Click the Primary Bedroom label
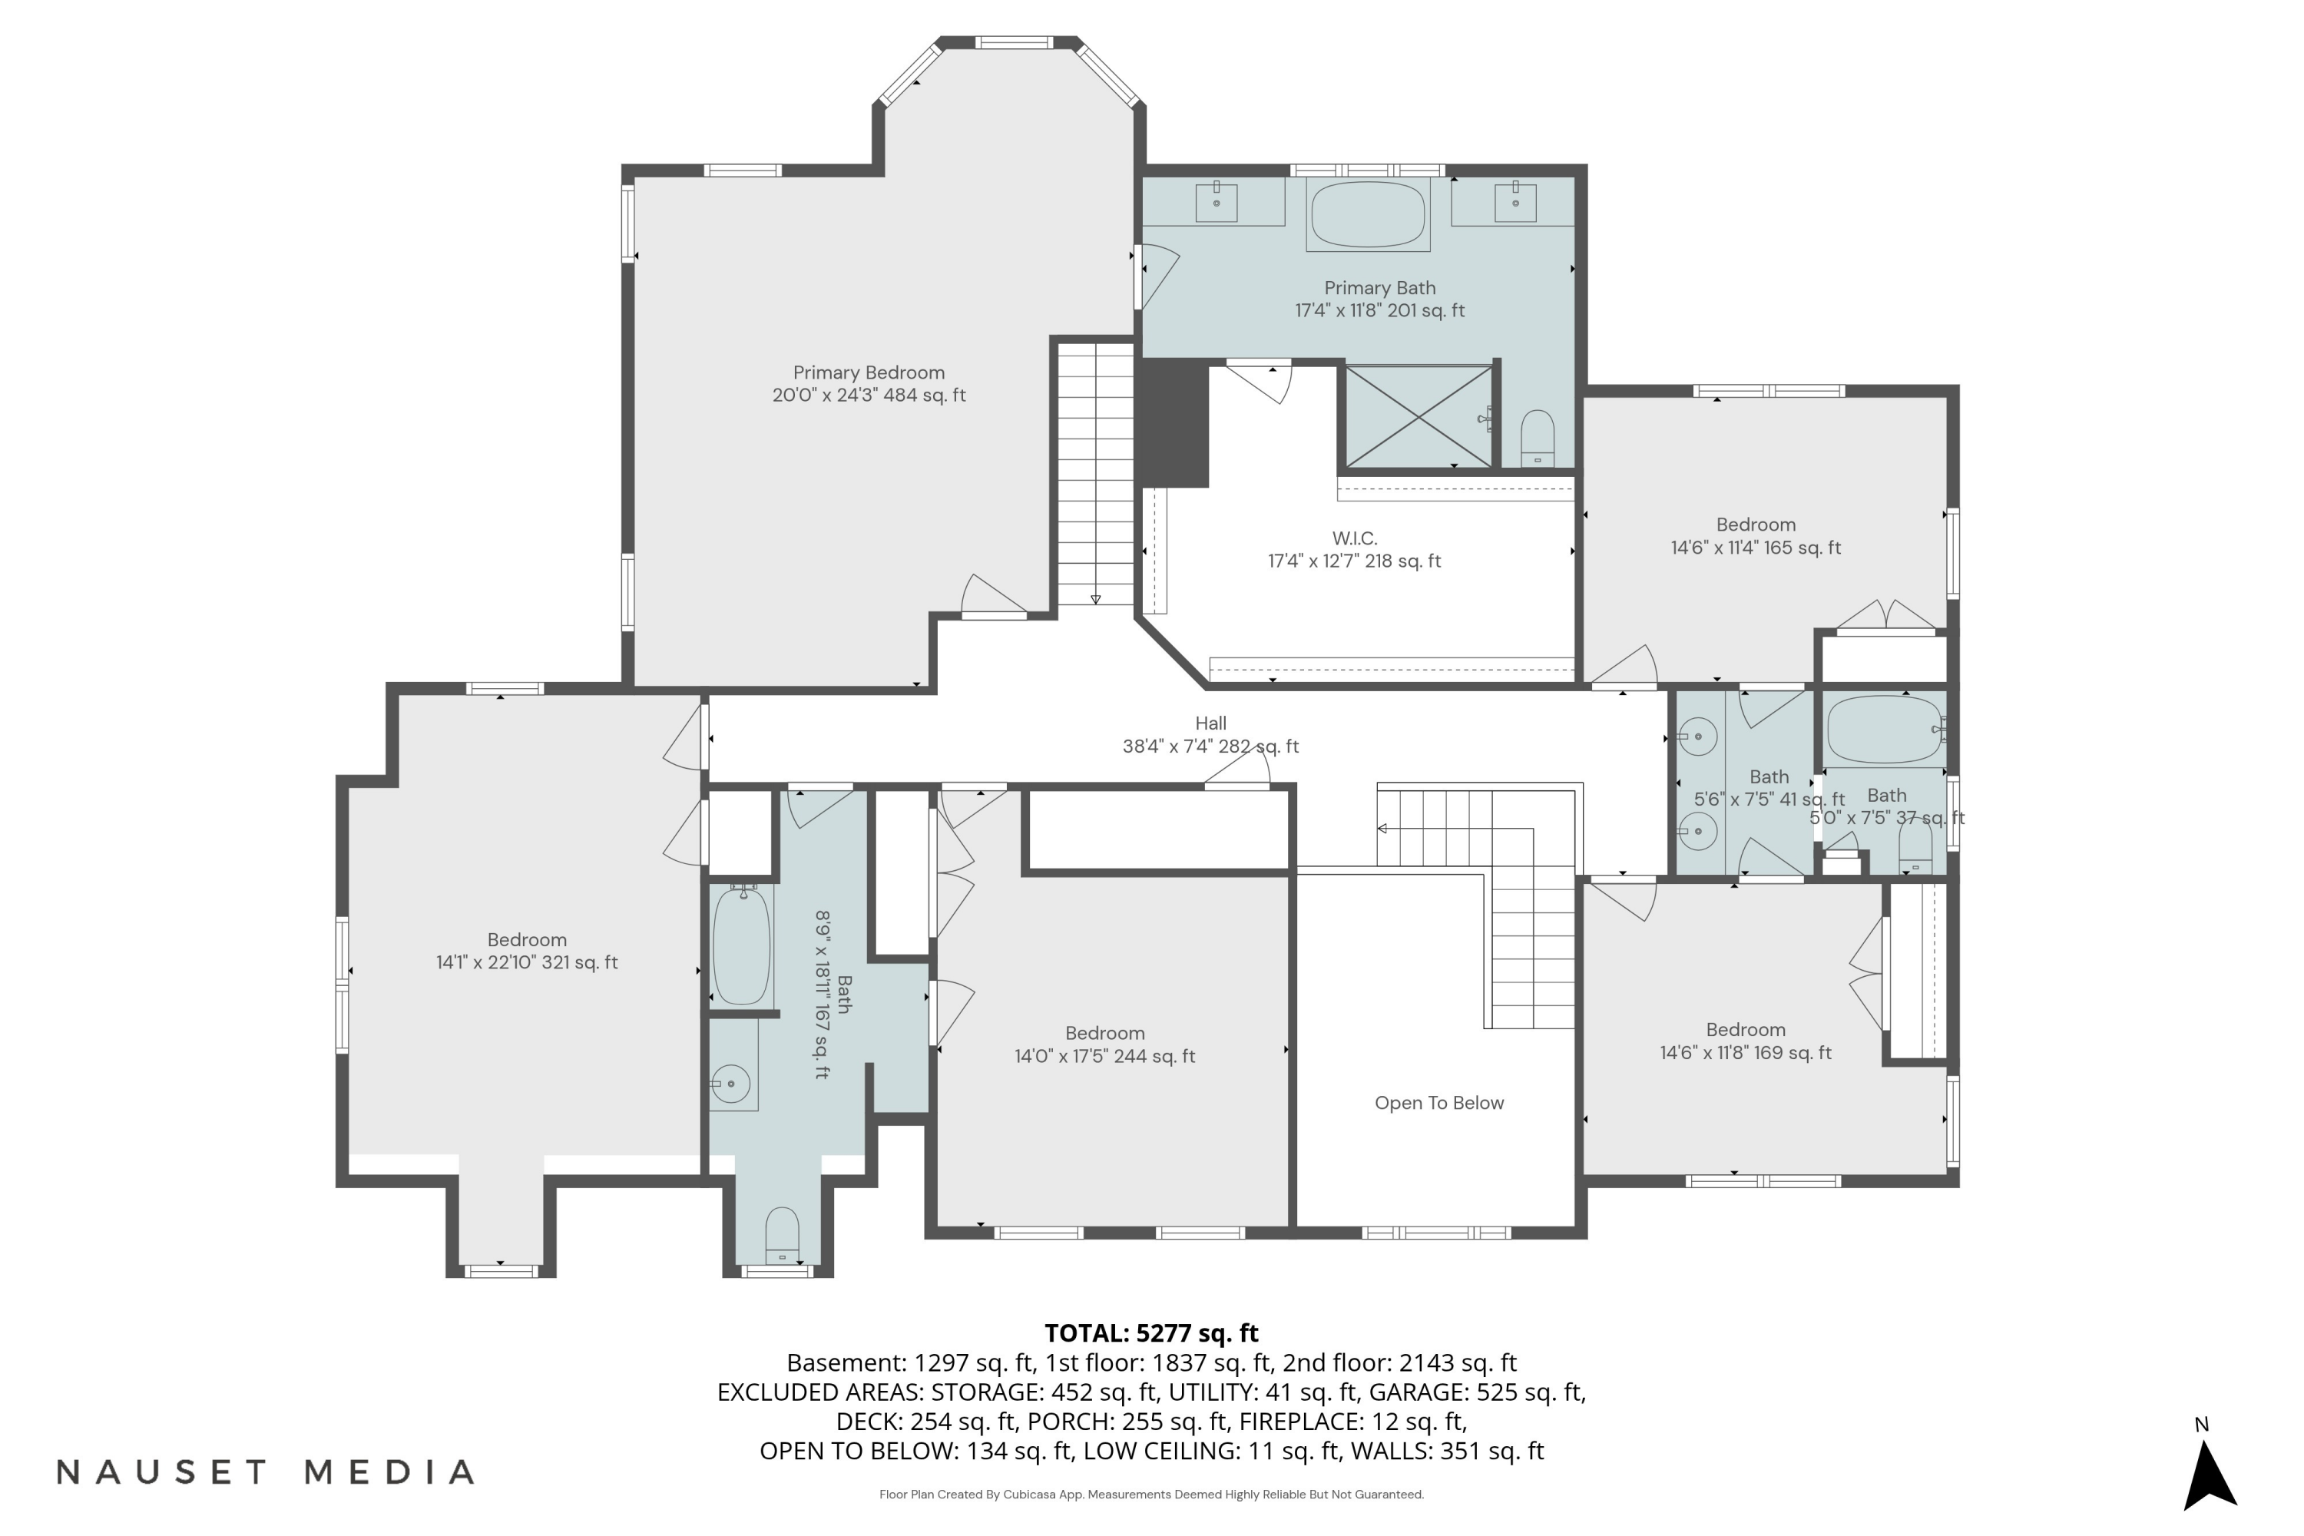(868, 373)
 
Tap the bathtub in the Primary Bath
(1368, 214)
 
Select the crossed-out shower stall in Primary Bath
(1418, 416)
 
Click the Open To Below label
(1438, 1103)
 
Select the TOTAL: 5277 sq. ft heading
(1151, 1333)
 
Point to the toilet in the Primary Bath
(1537, 438)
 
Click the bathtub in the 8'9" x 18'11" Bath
(740, 946)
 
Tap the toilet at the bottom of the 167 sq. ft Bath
(781, 1236)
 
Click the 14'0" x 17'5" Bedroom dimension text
(1104, 1057)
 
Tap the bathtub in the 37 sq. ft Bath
(1885, 730)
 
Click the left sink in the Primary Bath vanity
(1216, 203)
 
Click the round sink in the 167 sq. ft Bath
(731, 1084)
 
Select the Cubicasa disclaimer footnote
(1151, 1495)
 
